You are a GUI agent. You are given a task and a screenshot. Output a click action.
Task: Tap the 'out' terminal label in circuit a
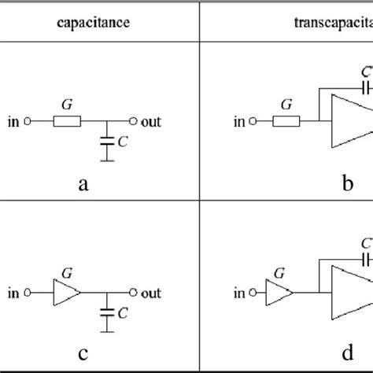[x=149, y=122]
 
